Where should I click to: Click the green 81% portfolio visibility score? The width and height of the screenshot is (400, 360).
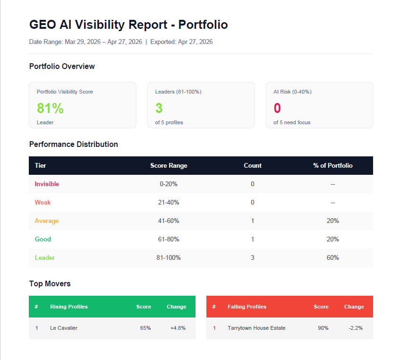click(50, 108)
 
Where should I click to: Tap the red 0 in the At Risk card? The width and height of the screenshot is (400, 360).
click(277, 108)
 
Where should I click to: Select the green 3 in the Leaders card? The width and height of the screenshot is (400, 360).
click(159, 108)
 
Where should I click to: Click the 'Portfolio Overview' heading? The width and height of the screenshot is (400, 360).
click(62, 66)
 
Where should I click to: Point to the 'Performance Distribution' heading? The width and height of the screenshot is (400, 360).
click(74, 144)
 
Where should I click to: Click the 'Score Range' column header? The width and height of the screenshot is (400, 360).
click(169, 165)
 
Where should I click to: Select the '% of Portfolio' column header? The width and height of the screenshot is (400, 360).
click(333, 165)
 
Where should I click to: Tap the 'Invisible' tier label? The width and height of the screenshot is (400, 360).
click(47, 184)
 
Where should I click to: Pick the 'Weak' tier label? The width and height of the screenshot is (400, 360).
click(43, 202)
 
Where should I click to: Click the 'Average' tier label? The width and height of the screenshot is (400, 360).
click(47, 221)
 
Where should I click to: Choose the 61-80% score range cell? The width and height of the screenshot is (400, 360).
click(169, 239)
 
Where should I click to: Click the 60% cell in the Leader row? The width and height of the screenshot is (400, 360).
click(333, 257)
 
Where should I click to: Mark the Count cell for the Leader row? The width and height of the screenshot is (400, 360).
click(253, 257)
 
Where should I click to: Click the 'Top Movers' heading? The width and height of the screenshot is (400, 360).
click(50, 283)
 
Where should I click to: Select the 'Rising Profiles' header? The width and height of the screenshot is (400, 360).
click(69, 307)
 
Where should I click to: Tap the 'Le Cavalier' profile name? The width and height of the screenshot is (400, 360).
click(64, 328)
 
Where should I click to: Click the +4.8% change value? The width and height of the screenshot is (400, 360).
click(178, 328)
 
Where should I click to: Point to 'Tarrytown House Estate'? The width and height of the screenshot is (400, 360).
click(256, 328)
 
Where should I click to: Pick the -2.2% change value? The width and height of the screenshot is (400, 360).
click(356, 328)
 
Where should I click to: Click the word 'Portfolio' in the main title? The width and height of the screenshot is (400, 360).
click(203, 25)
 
